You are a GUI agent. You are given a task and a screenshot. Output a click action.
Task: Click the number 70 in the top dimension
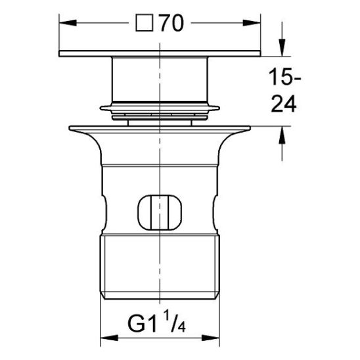pyautogui.click(x=172, y=23)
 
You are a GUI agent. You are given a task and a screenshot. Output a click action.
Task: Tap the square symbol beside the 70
pyautogui.click(x=145, y=23)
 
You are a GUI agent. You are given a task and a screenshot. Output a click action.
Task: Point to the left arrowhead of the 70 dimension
pyautogui.click(x=68, y=23)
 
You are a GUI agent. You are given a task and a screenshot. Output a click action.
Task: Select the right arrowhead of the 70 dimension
pyautogui.click(x=252, y=23)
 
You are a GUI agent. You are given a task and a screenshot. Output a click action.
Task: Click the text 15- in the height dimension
pyautogui.click(x=285, y=77)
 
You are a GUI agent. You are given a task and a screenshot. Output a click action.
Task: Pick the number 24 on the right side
pyautogui.click(x=284, y=104)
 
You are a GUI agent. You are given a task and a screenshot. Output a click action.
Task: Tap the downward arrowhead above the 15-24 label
pyautogui.click(x=282, y=47)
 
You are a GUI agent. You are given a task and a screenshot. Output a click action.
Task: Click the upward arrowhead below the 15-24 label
pyautogui.click(x=282, y=135)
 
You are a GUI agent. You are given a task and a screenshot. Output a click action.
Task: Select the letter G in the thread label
pyautogui.click(x=137, y=324)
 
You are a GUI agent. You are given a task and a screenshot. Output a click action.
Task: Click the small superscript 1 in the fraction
pyautogui.click(x=167, y=317)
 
